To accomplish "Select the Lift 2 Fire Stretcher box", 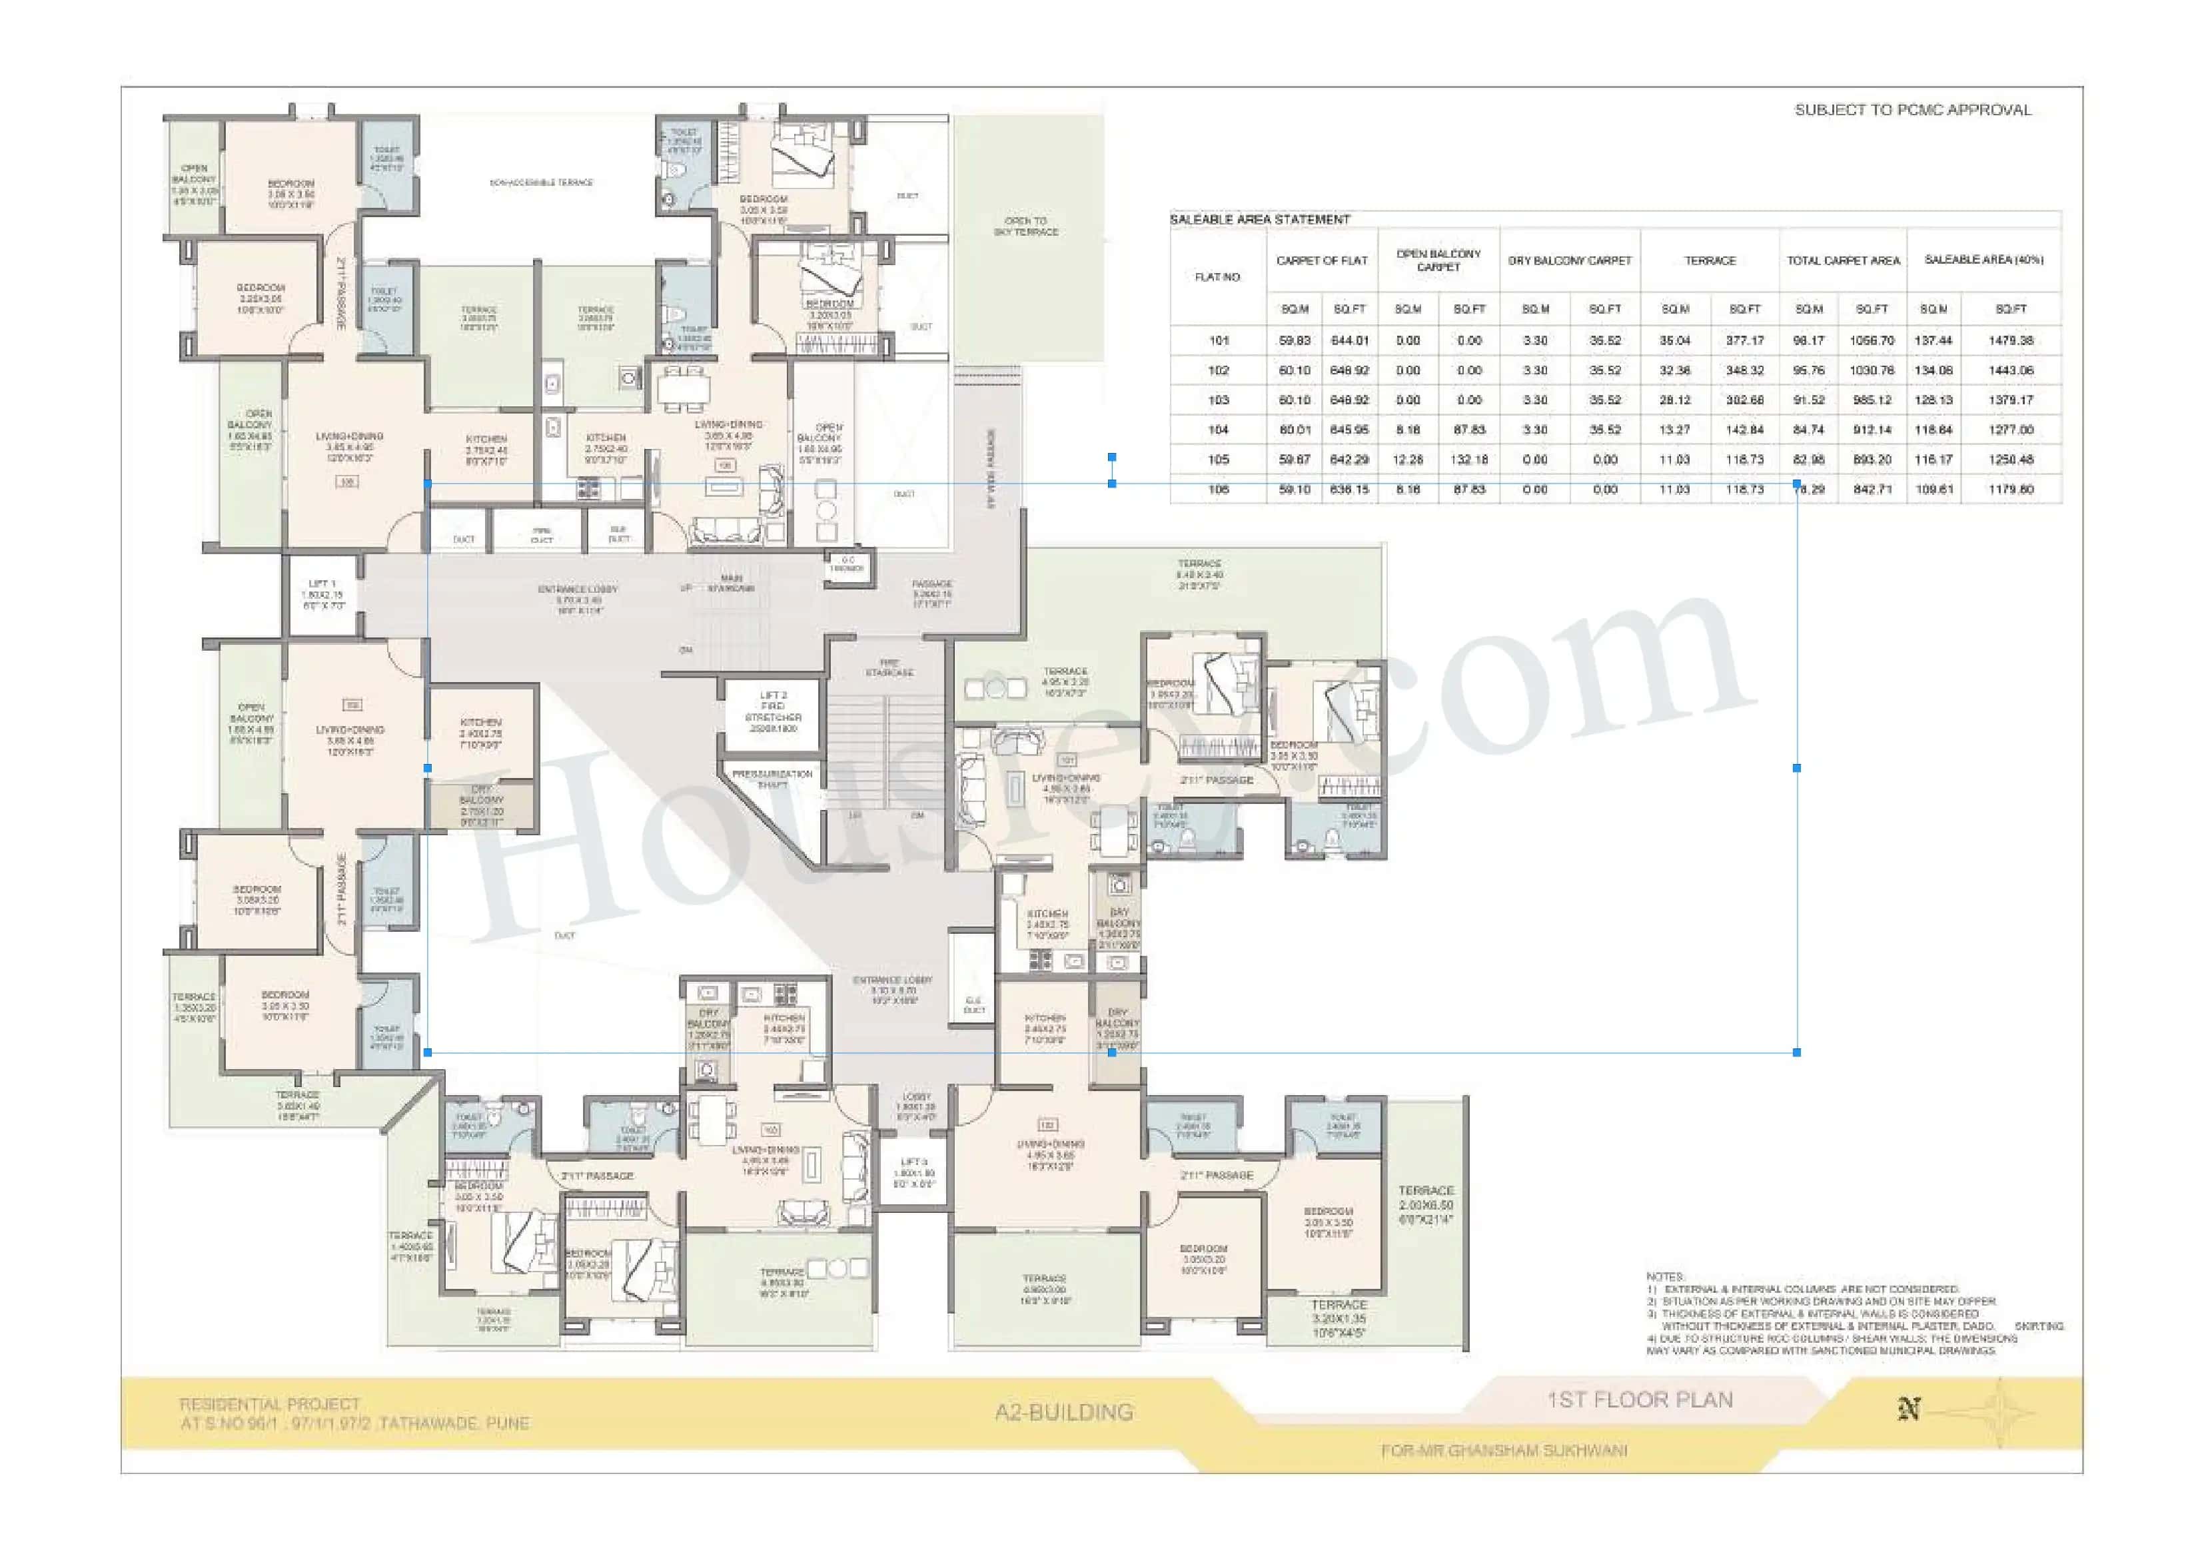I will (x=773, y=712).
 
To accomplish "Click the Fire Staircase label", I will (x=889, y=667).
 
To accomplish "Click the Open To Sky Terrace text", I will (x=1025, y=226).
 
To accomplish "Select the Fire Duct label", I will (x=542, y=535).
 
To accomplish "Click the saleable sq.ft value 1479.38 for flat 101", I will (x=2010, y=341).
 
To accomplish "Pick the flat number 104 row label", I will (x=1217, y=430).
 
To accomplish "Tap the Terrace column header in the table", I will (x=1710, y=261).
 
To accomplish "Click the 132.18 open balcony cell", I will (x=1468, y=460).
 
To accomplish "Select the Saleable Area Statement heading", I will (x=1259, y=220).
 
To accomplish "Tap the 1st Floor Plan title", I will (x=1640, y=1399).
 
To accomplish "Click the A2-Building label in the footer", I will (x=1063, y=1412).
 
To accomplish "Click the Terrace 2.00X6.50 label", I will (x=1426, y=1204).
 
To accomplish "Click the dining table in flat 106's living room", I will (x=684, y=389).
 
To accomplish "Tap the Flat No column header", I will (x=1217, y=277).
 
